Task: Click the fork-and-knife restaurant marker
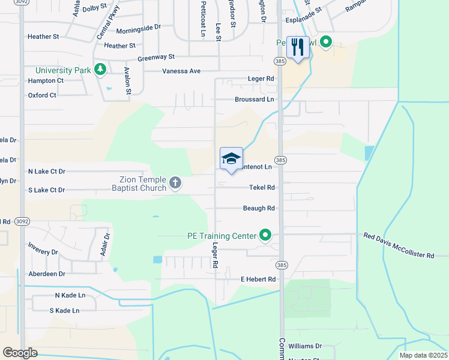(x=298, y=47)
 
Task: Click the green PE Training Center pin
(x=265, y=235)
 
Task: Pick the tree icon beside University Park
(x=100, y=70)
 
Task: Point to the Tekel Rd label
(x=262, y=187)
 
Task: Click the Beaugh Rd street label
(x=259, y=208)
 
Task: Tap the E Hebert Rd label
(x=258, y=279)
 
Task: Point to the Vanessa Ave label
(x=181, y=71)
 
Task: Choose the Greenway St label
(x=155, y=57)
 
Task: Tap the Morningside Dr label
(x=139, y=28)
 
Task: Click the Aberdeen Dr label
(x=46, y=274)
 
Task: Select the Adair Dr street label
(x=106, y=244)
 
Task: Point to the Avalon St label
(x=127, y=80)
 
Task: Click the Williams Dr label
(x=305, y=346)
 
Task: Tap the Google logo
(x=20, y=353)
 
